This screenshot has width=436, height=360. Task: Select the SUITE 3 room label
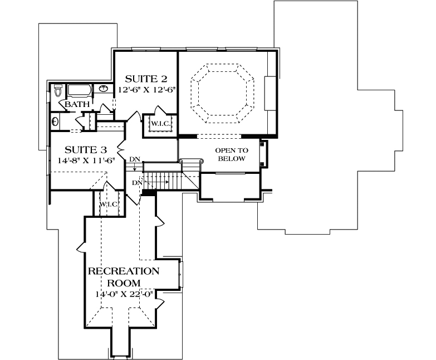[85, 149]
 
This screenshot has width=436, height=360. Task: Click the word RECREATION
[124, 271]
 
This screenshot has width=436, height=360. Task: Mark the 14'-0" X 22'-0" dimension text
[124, 294]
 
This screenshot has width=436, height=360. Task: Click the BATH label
[75, 105]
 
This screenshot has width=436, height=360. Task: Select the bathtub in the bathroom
[81, 91]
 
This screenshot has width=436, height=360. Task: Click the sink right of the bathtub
[104, 89]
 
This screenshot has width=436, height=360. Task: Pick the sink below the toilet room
[55, 121]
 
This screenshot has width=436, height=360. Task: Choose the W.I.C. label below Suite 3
[109, 205]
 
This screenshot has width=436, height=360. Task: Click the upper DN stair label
[134, 160]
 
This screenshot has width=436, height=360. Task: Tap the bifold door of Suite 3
[120, 149]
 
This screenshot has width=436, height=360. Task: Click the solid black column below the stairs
[149, 193]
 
